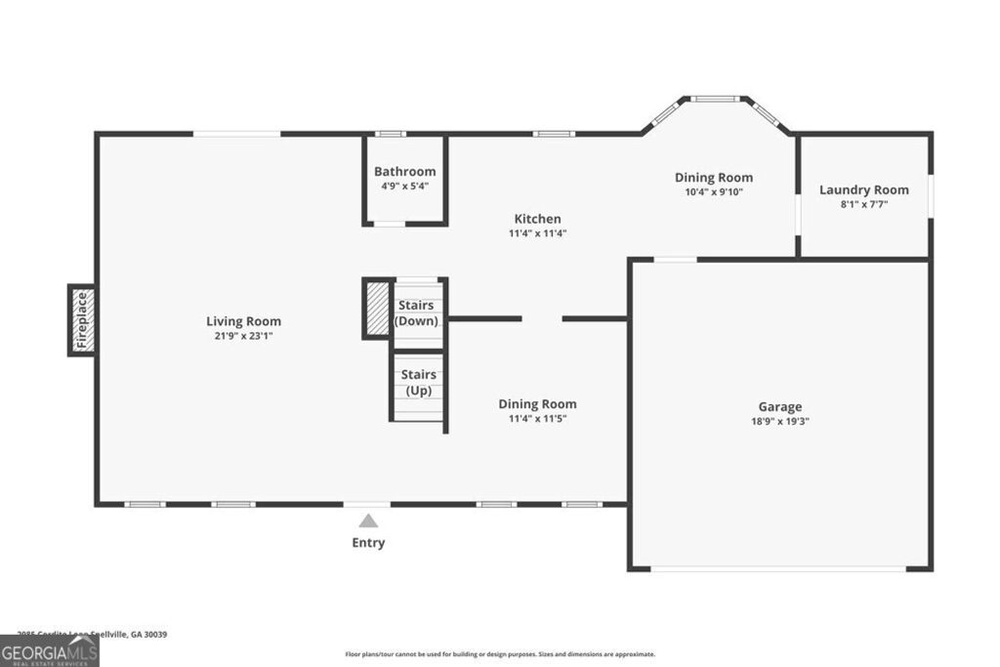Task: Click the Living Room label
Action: [x=243, y=320]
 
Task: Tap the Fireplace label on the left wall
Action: [x=82, y=320]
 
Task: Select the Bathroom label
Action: [x=404, y=171]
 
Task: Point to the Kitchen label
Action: [x=537, y=219]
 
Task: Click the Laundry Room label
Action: [x=863, y=189]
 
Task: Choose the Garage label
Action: [x=779, y=406]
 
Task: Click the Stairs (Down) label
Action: [x=417, y=313]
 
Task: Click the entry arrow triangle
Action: [x=368, y=521]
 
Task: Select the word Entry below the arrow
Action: [x=368, y=543]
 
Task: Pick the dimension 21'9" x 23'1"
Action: [x=243, y=336]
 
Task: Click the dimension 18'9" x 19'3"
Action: [x=779, y=422]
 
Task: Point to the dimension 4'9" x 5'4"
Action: [x=404, y=186]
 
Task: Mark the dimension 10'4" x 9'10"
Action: [x=713, y=192]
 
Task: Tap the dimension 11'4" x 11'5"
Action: [x=537, y=419]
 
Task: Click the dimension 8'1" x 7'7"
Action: [x=863, y=204]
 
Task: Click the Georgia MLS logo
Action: [x=49, y=651]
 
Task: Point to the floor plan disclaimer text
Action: [x=500, y=654]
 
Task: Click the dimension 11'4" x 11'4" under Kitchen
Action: [x=537, y=233]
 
